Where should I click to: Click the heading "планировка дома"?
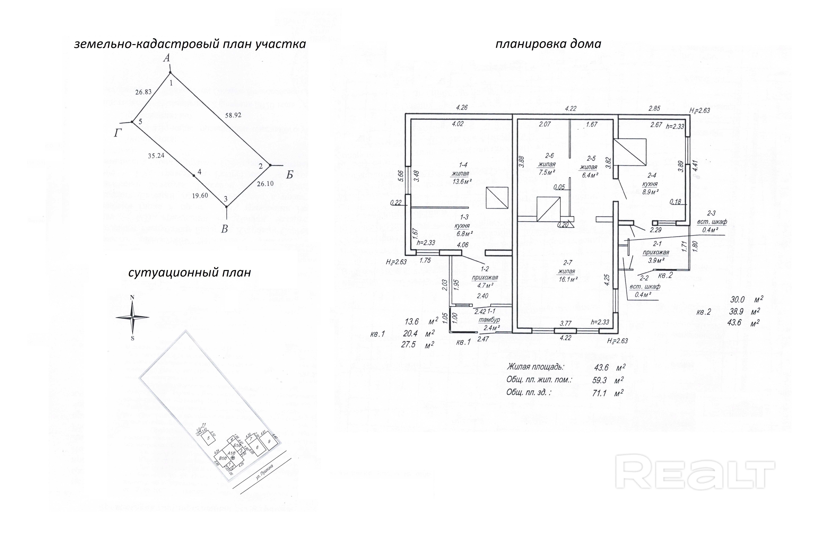[x=548, y=44]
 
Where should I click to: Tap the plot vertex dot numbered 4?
[x=194, y=176]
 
